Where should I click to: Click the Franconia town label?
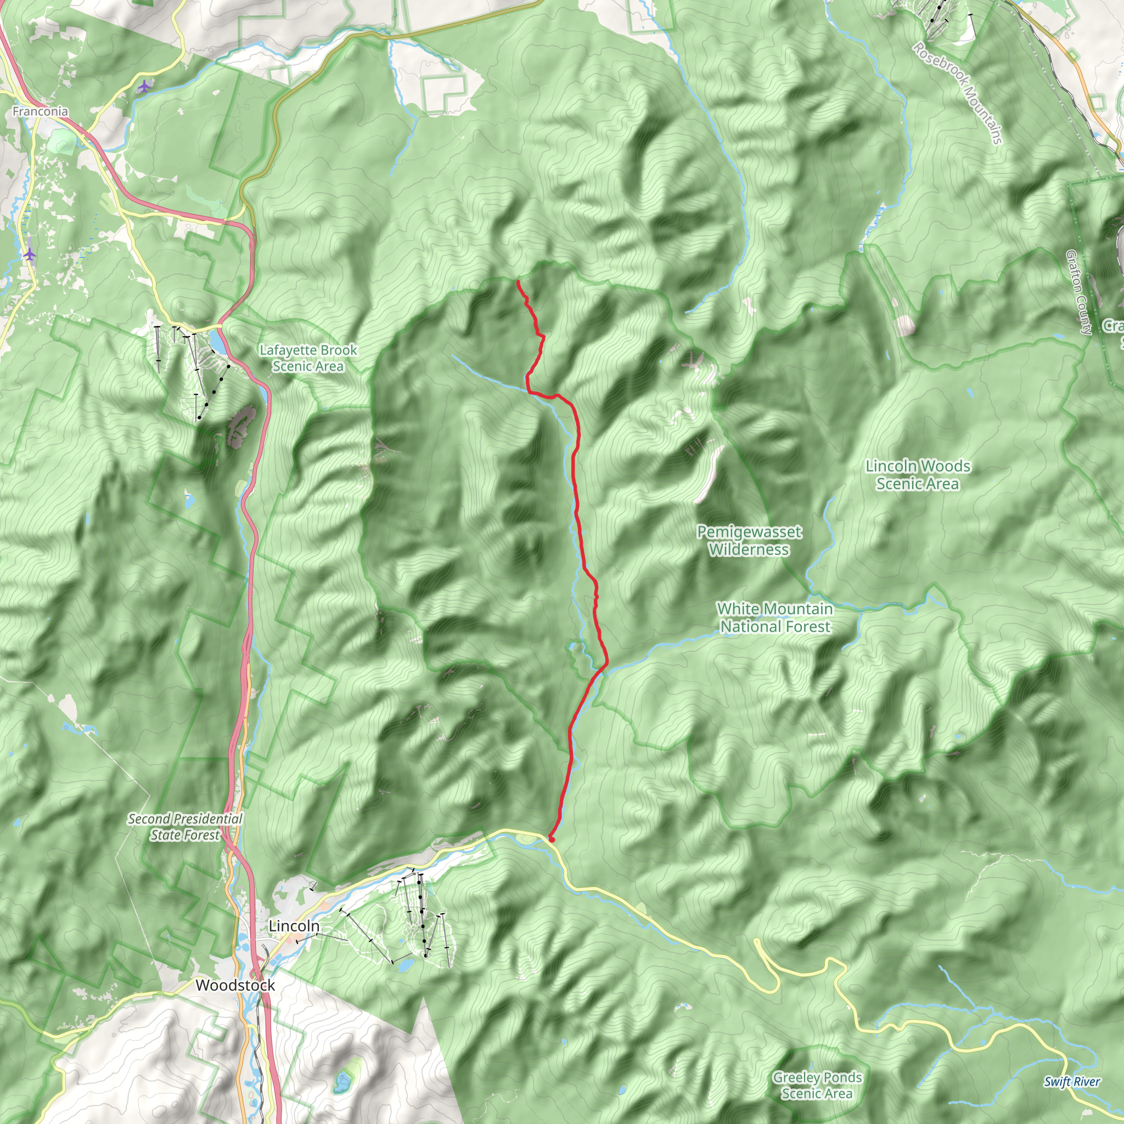[40, 111]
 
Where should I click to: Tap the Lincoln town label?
[294, 926]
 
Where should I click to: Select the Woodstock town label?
[235, 985]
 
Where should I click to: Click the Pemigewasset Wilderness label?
[749, 541]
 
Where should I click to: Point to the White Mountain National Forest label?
[775, 617]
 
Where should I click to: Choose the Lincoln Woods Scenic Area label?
[918, 475]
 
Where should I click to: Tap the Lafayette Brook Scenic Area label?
[308, 358]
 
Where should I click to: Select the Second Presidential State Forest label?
[185, 827]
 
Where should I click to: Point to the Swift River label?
[1072, 1082]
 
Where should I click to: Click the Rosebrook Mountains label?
[957, 93]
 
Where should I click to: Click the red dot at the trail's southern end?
[551, 840]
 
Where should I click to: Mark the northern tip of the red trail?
[517, 282]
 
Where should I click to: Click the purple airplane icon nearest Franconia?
[144, 87]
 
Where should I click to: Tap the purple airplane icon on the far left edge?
[30, 254]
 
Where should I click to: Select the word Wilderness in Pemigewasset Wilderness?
[749, 549]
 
